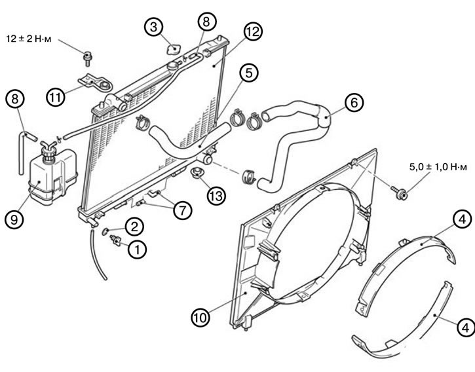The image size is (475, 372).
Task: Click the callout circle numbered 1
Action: click(137, 250)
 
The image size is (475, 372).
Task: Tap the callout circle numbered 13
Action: click(216, 196)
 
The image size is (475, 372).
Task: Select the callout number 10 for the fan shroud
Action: click(201, 318)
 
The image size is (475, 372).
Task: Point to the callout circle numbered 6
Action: click(354, 103)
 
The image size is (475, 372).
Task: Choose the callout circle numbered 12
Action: click(253, 31)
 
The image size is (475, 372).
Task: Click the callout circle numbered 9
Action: click(14, 219)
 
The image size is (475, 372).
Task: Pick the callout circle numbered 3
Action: click(153, 28)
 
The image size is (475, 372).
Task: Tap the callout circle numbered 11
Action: click(56, 97)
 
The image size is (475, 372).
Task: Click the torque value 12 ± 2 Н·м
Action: click(29, 39)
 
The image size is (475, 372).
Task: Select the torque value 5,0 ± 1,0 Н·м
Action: click(438, 166)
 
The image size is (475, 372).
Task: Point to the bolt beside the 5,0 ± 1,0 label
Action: click(400, 193)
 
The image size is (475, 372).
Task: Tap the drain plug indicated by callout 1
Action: click(115, 240)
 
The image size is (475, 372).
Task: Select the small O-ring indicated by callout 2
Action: click(105, 231)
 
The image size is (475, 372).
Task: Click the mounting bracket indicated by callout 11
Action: click(96, 83)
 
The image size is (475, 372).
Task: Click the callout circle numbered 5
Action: click(248, 73)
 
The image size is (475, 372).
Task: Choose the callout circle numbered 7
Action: click(183, 210)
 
